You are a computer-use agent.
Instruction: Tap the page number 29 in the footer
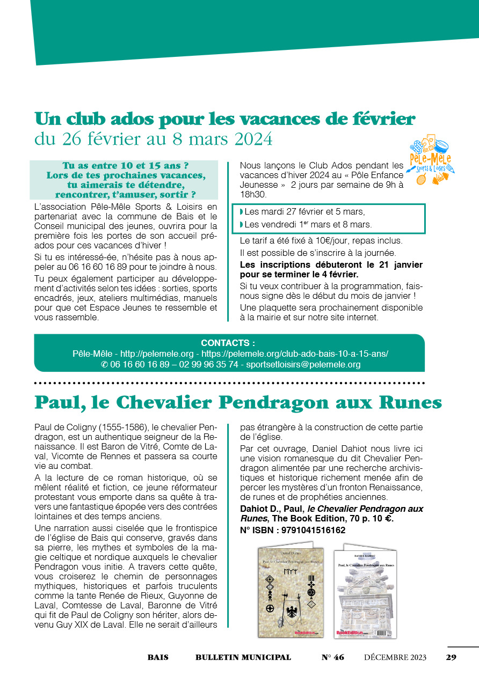pyautogui.click(x=451, y=657)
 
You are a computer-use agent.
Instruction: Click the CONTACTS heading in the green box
pyautogui.click(x=228, y=343)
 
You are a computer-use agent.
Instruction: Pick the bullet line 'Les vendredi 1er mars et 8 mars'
pyautogui.click(x=308, y=224)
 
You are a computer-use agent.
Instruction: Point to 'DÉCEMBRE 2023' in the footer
pyautogui.click(x=395, y=657)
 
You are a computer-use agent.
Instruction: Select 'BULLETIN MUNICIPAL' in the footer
pyautogui.click(x=243, y=657)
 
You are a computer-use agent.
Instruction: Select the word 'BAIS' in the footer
pyautogui.click(x=158, y=657)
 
